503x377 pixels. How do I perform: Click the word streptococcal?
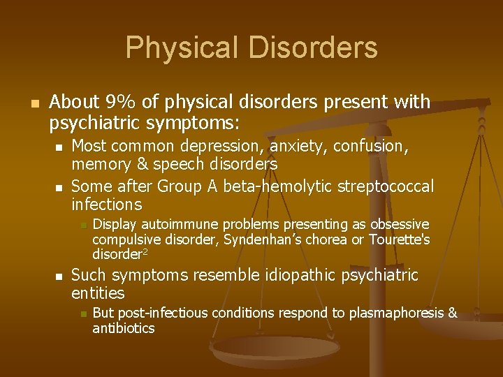click(x=386, y=187)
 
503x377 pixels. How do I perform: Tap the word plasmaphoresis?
click(x=394, y=313)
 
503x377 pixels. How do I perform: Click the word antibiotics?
click(x=124, y=328)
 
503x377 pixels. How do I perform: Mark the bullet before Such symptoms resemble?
click(x=58, y=276)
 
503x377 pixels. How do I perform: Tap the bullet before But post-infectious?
click(x=82, y=313)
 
